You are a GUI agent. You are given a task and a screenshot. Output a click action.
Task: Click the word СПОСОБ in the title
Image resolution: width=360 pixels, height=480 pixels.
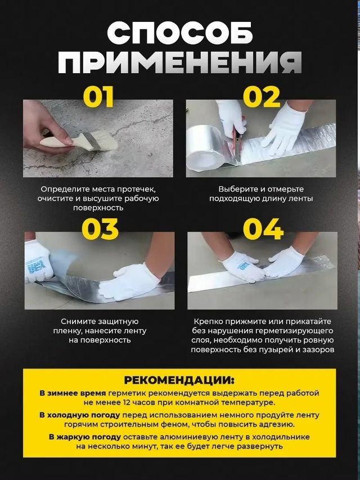coord(180,33)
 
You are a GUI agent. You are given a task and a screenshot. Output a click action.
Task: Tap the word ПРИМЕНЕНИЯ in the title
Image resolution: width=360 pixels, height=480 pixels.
coord(180,62)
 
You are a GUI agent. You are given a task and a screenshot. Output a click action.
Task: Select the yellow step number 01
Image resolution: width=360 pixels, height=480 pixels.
coord(98,97)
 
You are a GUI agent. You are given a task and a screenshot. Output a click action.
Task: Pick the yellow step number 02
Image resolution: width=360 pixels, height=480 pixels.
coord(262,97)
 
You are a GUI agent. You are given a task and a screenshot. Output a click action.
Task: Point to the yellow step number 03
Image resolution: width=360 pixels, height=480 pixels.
coord(100,229)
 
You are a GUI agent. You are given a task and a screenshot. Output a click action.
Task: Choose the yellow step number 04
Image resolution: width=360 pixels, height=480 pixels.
coord(263,229)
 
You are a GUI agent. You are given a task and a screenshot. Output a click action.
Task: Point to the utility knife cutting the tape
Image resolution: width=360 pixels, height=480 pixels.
coord(237,144)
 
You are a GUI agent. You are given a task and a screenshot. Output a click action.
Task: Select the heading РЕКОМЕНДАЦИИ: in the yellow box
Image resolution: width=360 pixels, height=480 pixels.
coord(179,380)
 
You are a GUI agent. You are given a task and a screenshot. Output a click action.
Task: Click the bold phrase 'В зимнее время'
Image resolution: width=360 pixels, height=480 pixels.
coord(73,393)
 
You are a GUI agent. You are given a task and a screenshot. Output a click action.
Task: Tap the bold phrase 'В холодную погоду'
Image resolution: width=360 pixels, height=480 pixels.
coord(79,415)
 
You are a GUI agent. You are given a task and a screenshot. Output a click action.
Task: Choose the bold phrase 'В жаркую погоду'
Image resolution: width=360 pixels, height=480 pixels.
coord(85,437)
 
